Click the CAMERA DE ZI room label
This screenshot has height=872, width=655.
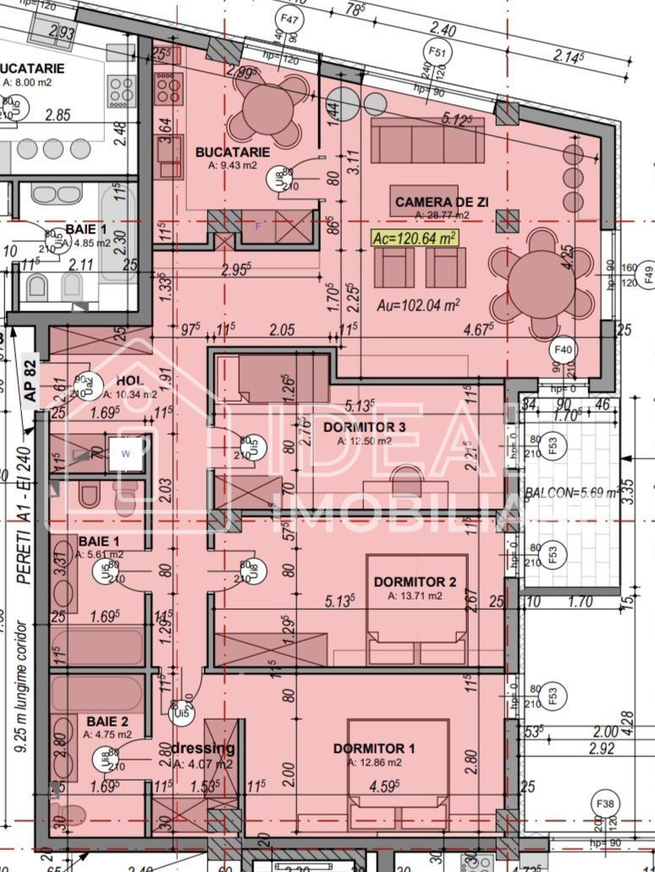(x=443, y=203)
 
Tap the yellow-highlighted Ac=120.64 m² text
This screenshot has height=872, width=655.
(x=415, y=238)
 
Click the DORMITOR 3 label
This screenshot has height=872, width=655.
(x=365, y=427)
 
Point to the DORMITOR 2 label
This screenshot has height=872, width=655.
(x=416, y=582)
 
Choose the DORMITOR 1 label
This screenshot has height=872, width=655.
(x=374, y=749)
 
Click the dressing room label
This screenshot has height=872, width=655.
(x=203, y=749)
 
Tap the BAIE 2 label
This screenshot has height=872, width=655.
(x=107, y=721)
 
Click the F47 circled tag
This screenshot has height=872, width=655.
(x=290, y=17)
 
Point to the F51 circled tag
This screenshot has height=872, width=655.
(x=437, y=52)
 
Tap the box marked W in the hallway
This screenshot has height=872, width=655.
(x=126, y=453)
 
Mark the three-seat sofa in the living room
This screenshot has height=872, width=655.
(x=427, y=140)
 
